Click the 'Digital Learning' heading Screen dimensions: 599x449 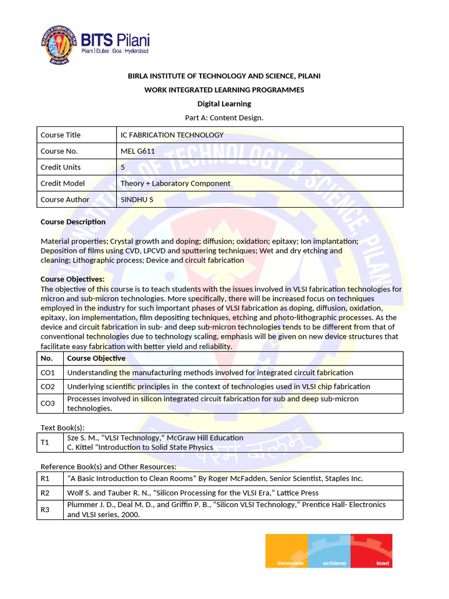[x=224, y=104]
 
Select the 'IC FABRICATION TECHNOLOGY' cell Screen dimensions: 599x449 [x=172, y=135]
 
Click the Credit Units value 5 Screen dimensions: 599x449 [x=123, y=167]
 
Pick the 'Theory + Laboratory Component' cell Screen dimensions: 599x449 [x=175, y=184]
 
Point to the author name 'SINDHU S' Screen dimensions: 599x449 [x=137, y=199]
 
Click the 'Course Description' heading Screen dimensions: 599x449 [x=73, y=222]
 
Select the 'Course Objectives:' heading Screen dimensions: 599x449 [x=72, y=279]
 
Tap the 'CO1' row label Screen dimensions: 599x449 [x=48, y=373]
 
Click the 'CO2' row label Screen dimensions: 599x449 [x=48, y=387]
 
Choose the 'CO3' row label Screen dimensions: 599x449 [x=48, y=404]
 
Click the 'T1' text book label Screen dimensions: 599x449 [x=45, y=443]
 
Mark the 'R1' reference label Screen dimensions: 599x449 [x=45, y=478]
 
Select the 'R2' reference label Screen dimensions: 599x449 [x=45, y=493]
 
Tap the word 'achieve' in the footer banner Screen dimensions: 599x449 [x=334, y=563]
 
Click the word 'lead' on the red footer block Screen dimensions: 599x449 [x=382, y=563]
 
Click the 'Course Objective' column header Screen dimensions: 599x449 [x=96, y=359]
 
